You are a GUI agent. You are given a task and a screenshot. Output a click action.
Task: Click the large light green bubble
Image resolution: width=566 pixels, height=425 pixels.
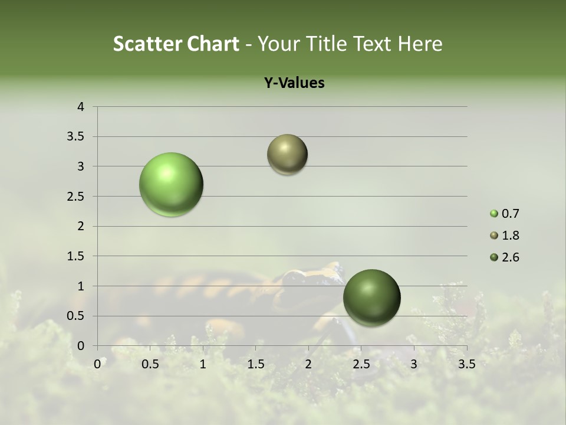pyautogui.click(x=172, y=184)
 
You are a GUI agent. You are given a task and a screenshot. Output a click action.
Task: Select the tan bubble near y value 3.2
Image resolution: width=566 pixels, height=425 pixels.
pyautogui.click(x=287, y=155)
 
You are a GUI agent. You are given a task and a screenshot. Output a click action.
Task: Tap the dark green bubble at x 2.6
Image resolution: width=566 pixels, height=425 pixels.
pyautogui.click(x=371, y=297)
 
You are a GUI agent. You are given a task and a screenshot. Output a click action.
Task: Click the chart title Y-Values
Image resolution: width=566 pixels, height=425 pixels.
pyautogui.click(x=294, y=83)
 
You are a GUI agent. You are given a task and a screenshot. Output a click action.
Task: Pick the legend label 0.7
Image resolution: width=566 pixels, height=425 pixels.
pyautogui.click(x=510, y=214)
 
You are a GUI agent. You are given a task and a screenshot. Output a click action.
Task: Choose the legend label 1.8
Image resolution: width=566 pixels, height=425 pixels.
pyautogui.click(x=510, y=236)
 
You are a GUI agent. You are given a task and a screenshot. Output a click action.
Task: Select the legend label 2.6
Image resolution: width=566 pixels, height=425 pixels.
pyautogui.click(x=510, y=257)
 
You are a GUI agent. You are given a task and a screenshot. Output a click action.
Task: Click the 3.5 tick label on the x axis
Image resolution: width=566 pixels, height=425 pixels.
pyautogui.click(x=466, y=364)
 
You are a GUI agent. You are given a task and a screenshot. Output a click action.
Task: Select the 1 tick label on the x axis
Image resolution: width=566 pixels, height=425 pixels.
pyautogui.click(x=203, y=364)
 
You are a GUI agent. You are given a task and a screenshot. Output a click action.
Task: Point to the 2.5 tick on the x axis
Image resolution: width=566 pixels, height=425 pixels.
pyautogui.click(x=361, y=364)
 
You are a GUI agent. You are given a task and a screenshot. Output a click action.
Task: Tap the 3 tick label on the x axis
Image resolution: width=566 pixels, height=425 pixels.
pyautogui.click(x=413, y=364)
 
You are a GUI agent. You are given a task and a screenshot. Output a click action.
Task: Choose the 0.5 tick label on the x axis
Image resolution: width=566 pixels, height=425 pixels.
pyautogui.click(x=150, y=364)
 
